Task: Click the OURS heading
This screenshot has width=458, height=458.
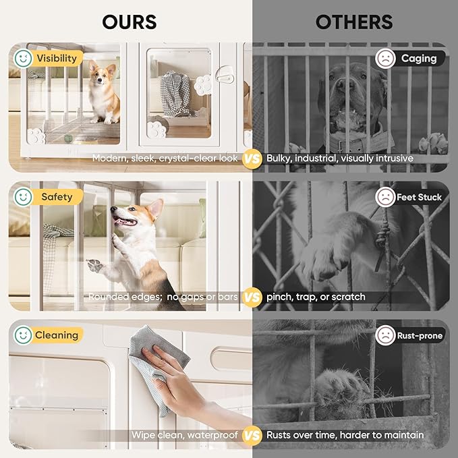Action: pyautogui.click(x=129, y=22)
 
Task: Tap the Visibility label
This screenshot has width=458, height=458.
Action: pyautogui.click(x=57, y=58)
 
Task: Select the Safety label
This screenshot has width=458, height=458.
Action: pyautogui.click(x=57, y=197)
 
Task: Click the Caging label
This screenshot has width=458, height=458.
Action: pyautogui.click(x=419, y=58)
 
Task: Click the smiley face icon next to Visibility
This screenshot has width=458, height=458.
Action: pyautogui.click(x=23, y=58)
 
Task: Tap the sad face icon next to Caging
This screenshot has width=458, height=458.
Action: pyautogui.click(x=385, y=58)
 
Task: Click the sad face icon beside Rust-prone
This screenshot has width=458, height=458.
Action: pyautogui.click(x=385, y=335)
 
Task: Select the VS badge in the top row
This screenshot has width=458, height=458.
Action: pyautogui.click(x=252, y=159)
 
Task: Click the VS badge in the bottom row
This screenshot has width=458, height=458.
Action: pyautogui.click(x=252, y=435)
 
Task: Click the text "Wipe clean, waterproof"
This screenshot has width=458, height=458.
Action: pyautogui.click(x=185, y=435)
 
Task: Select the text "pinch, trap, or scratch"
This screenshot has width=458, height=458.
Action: pyautogui.click(x=316, y=297)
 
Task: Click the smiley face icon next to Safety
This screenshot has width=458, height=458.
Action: pyautogui.click(x=23, y=197)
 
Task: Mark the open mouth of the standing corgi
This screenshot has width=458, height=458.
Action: pyautogui.click(x=125, y=221)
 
